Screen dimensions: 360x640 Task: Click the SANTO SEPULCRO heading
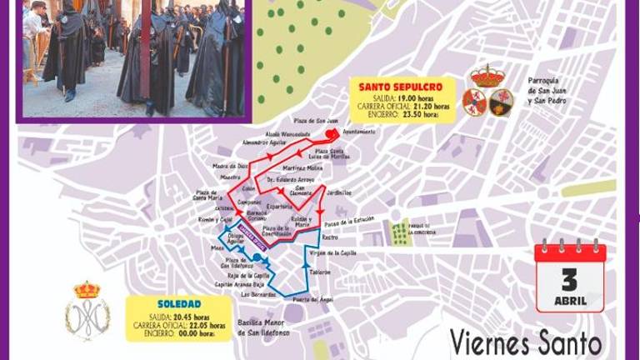click(x=395, y=86)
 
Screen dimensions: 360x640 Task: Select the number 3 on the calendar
click(x=570, y=277)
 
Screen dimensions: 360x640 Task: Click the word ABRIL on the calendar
click(x=570, y=300)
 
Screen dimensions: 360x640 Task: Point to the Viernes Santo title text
click(x=525, y=342)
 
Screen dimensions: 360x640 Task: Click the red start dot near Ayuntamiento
click(x=331, y=133)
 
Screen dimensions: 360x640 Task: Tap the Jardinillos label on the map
click(x=338, y=193)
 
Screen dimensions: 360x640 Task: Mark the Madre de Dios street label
click(x=231, y=165)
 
